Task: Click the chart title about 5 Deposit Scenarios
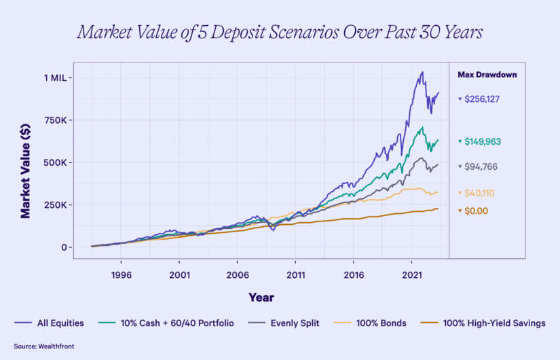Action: coord(280,33)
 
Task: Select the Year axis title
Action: coord(261,297)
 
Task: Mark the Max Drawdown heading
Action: coord(487,74)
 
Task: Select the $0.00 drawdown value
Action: coord(476,211)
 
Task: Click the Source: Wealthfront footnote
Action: coord(44,346)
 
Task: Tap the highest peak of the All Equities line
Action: coord(422,72)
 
